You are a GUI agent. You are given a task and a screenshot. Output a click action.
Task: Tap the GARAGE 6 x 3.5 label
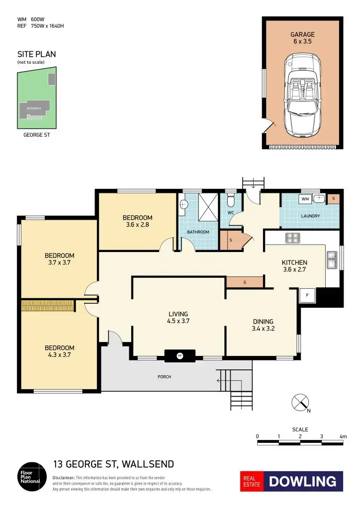[x=302, y=38]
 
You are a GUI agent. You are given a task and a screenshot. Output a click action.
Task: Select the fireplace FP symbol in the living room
[x=180, y=355]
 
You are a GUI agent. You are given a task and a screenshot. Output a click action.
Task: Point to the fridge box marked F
[x=307, y=295]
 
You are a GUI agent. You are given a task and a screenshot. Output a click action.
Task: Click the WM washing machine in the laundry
[x=305, y=199]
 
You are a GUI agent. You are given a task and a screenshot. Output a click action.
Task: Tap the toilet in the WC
[x=230, y=201]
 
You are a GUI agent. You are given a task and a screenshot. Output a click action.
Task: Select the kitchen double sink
[x=331, y=259]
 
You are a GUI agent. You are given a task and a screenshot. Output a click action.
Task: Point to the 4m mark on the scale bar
[x=343, y=436]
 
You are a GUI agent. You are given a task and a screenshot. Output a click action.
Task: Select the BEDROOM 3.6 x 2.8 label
[x=137, y=221]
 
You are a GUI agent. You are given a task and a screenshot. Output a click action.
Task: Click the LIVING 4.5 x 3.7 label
[x=178, y=317]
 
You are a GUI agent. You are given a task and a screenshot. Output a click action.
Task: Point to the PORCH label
[x=164, y=377]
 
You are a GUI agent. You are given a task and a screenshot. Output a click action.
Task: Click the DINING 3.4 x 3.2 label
[x=263, y=325]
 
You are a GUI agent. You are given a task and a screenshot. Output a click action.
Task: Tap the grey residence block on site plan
[x=34, y=108]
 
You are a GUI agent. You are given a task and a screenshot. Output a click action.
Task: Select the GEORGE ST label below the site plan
[x=36, y=134]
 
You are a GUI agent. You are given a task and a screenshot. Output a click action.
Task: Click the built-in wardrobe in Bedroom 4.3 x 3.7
[x=48, y=305]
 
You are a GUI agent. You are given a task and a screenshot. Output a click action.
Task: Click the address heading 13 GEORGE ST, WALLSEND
[x=113, y=464]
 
